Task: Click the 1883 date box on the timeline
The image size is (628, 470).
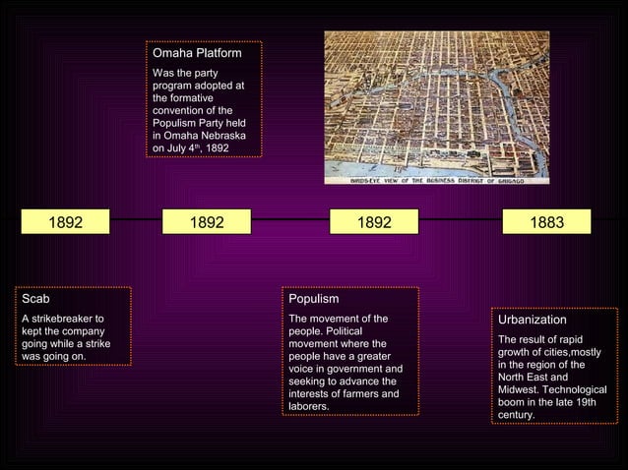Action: click(547, 223)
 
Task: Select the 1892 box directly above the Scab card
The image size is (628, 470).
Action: click(67, 223)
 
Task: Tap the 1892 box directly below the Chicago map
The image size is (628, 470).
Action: click(374, 223)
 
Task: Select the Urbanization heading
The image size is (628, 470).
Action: click(532, 320)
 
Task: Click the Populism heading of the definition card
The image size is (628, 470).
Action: click(313, 298)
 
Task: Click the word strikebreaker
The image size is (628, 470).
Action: click(67, 319)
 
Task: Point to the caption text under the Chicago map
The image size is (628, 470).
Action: click(437, 181)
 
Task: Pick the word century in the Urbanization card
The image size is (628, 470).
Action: click(517, 415)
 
